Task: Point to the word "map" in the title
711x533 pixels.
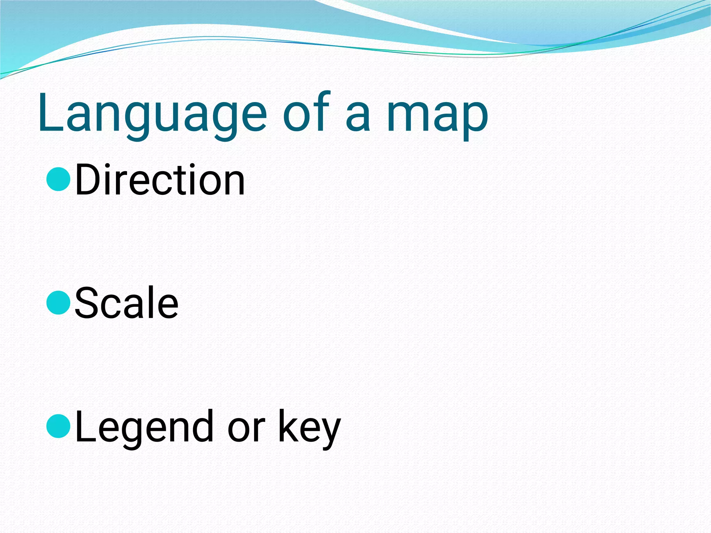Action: (437, 116)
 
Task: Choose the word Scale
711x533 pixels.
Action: (127, 303)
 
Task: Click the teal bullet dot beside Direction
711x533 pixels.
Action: (58, 179)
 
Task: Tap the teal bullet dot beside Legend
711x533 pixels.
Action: (58, 426)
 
